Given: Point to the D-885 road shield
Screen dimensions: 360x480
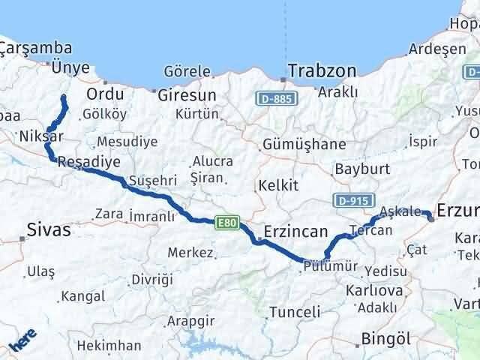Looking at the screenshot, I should click(274, 98).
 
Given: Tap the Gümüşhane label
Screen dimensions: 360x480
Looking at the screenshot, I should click(305, 145).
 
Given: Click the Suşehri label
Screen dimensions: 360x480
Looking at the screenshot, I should click(152, 181).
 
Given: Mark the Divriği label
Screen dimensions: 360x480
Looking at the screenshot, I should click(152, 279).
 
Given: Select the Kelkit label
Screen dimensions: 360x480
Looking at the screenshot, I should click(277, 185).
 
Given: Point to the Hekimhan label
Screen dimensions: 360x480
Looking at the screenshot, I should click(109, 346).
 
